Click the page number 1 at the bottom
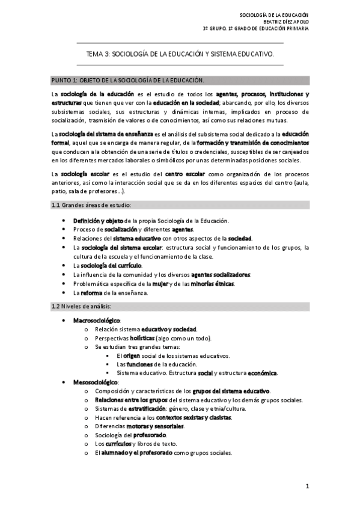pos(307,486)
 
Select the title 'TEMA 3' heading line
pos(180,54)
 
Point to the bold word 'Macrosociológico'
pos(97,321)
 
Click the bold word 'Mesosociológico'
pos(96,382)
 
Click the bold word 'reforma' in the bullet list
pos(93,293)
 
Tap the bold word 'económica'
pos(262,373)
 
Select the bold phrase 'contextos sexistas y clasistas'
pos(194,417)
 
